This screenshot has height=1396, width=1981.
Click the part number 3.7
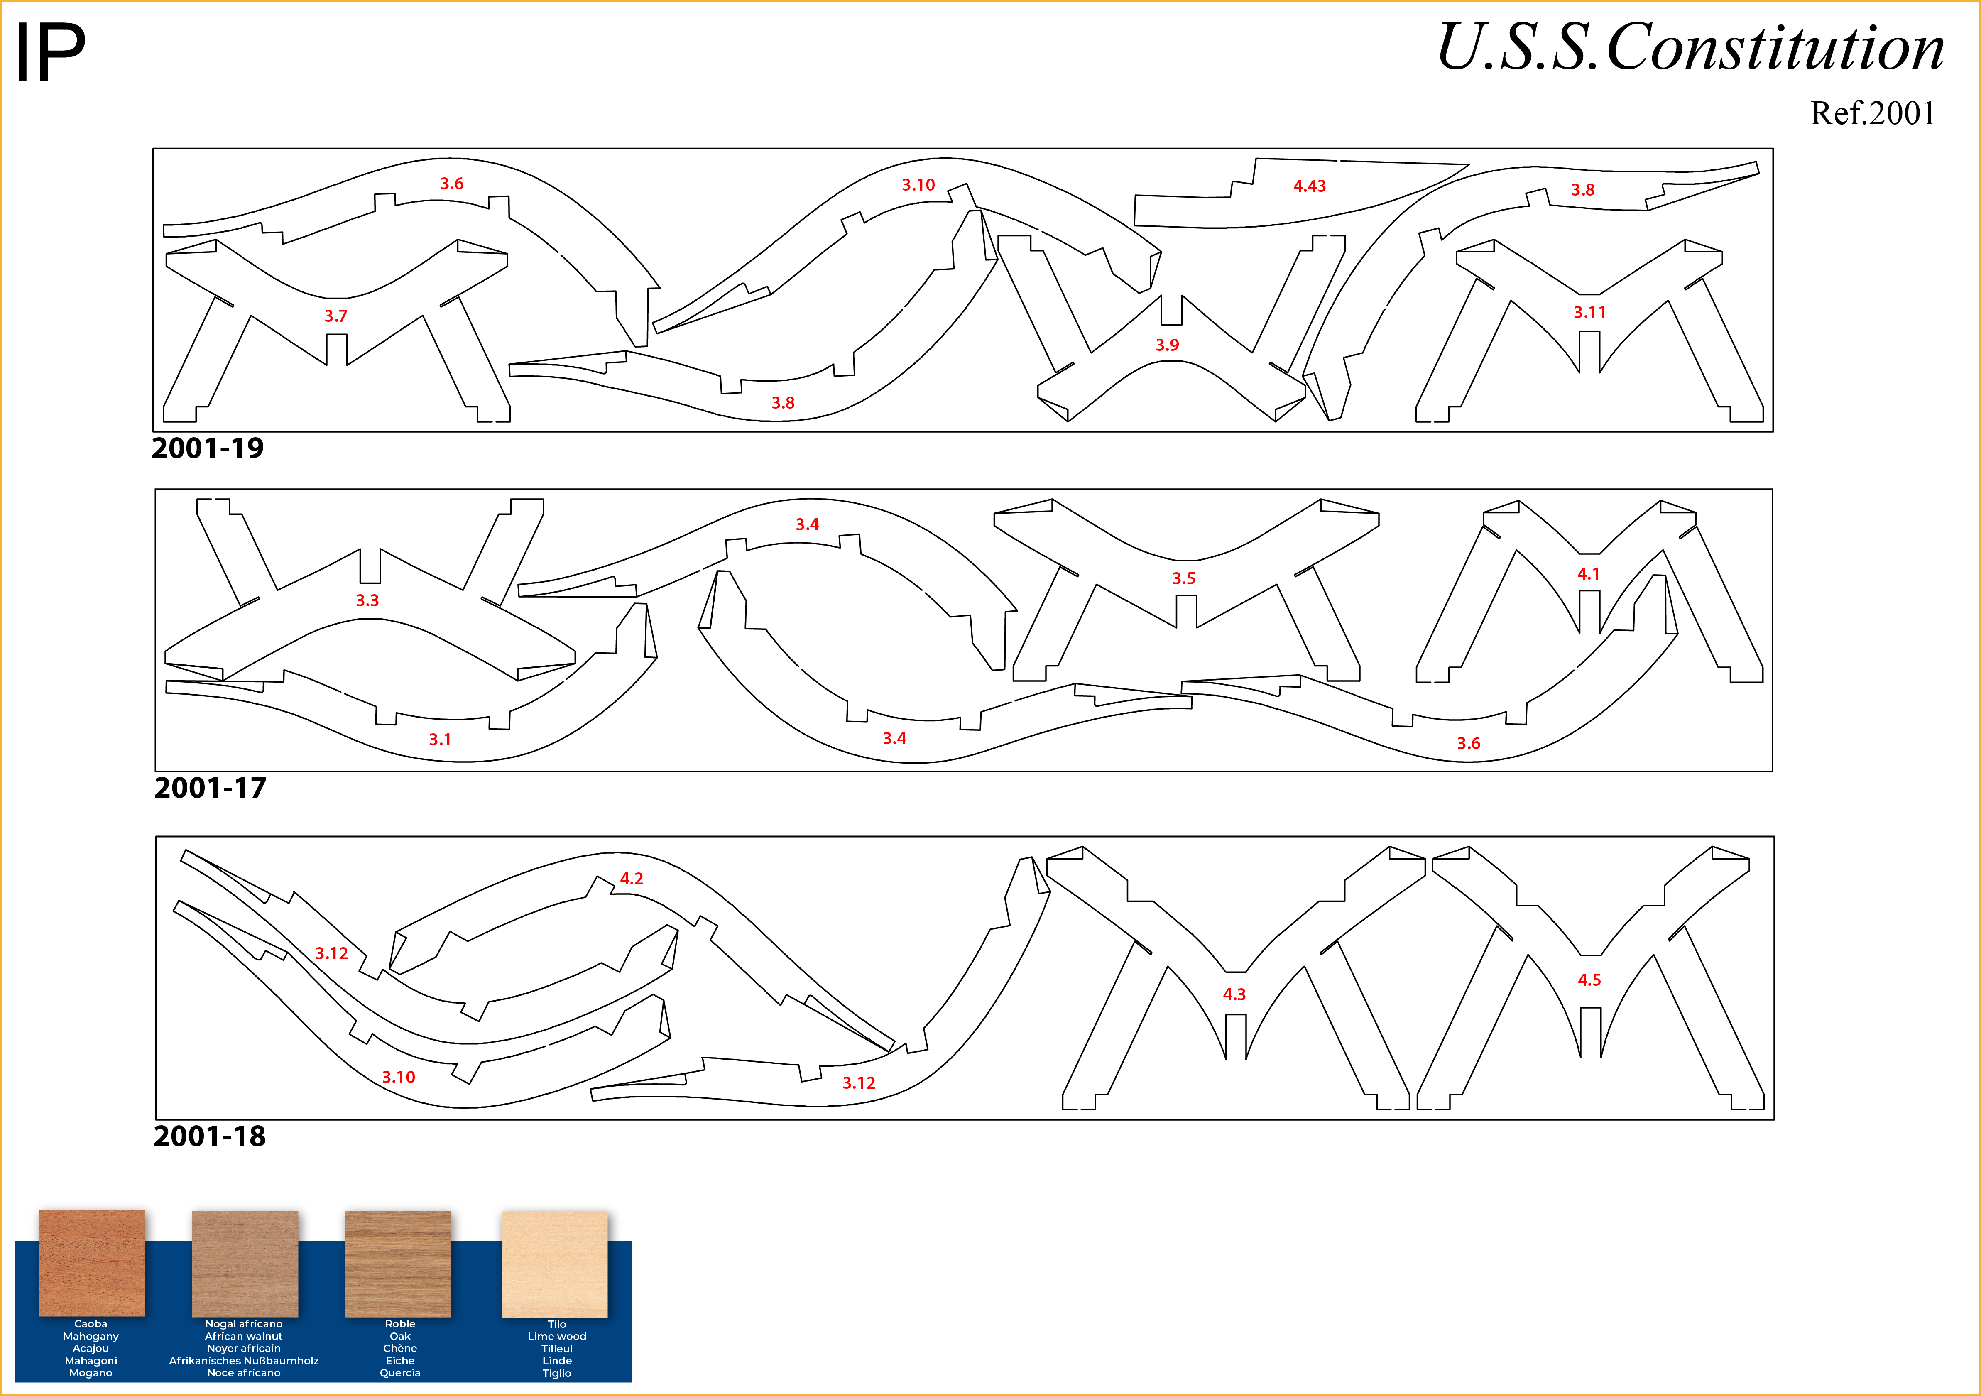pos(335,316)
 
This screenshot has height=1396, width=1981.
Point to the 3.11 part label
pos(1589,312)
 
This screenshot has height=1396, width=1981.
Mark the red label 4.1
pos(1589,574)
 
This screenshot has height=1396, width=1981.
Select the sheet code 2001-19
pos(208,448)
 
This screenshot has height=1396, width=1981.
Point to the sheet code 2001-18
pos(210,1136)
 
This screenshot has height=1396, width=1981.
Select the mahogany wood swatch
pos(91,1263)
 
